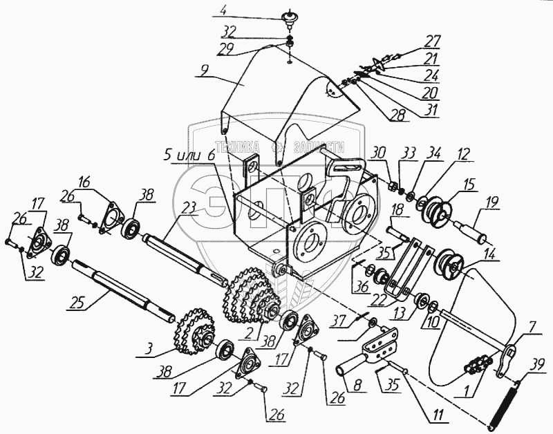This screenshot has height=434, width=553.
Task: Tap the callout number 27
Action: point(432,40)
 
